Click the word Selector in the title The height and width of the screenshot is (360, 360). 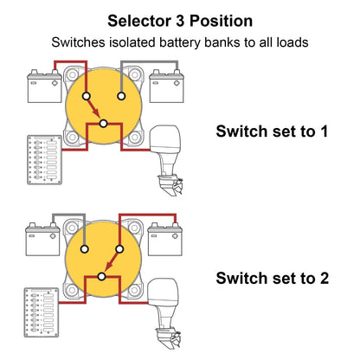139,21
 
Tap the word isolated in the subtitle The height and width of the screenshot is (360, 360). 132,42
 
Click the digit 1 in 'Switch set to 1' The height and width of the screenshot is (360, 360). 324,132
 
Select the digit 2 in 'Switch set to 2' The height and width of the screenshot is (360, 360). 324,278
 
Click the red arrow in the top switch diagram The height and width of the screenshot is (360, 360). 93,107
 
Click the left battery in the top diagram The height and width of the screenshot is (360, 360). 44,86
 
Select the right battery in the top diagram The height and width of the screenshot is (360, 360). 166,86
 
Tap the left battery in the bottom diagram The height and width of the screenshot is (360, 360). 42,239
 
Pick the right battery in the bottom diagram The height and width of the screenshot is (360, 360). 164,239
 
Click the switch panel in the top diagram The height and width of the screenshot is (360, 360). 45,160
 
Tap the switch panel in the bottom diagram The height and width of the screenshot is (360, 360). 42,312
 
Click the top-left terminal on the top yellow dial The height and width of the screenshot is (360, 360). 87,96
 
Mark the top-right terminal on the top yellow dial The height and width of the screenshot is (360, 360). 121,96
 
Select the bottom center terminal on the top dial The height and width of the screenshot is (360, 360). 103,124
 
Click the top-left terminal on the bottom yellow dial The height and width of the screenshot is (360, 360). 85,249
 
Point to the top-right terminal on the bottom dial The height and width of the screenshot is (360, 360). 119,249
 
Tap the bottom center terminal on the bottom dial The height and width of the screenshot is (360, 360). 101,277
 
